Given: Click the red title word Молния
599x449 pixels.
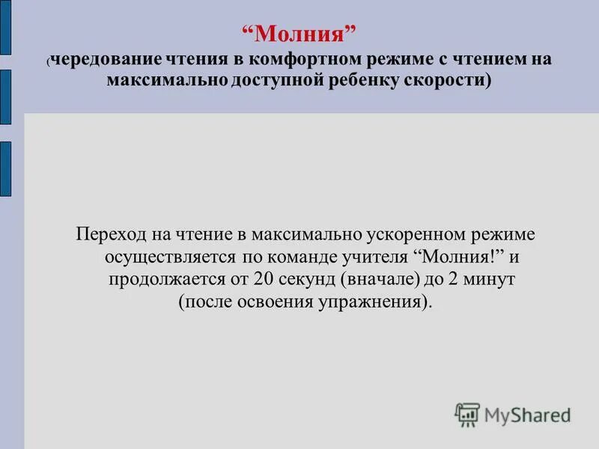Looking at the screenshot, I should (x=299, y=34).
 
